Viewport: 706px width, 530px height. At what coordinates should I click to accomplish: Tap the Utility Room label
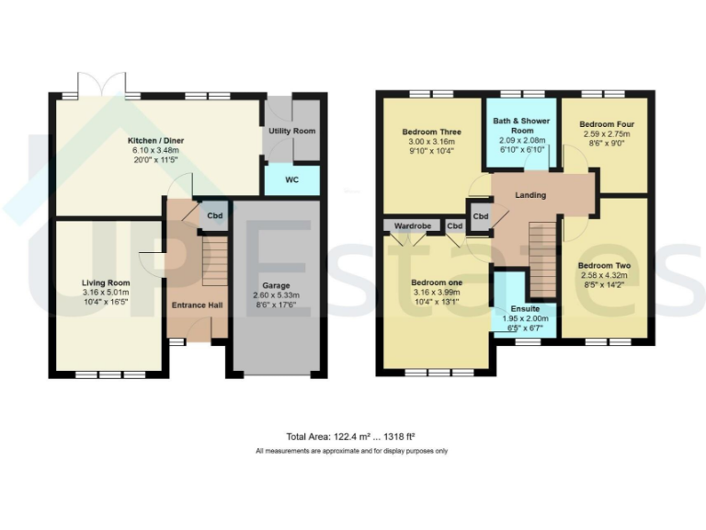coord(292,132)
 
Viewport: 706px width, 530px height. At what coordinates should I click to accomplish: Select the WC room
coord(292,179)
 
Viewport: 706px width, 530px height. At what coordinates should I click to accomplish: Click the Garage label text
coord(276,286)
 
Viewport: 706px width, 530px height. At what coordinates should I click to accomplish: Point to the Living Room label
coord(106,283)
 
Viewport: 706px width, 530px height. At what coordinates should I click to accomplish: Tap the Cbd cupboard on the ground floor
coord(214,217)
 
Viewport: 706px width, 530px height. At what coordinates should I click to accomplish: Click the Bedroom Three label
coord(431,132)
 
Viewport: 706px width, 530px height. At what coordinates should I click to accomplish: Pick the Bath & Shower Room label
coord(521,126)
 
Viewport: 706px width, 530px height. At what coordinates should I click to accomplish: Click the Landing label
coord(530,195)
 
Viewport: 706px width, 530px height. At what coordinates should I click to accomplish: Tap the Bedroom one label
coord(435,282)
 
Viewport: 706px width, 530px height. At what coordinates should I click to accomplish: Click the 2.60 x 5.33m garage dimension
coord(276,295)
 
